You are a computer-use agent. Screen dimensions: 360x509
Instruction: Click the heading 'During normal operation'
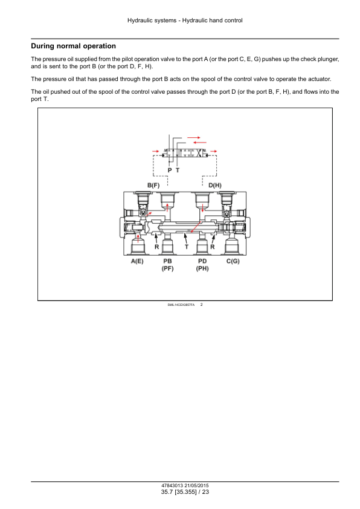tap(73, 46)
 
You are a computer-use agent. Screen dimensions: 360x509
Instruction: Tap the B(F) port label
tap(153, 186)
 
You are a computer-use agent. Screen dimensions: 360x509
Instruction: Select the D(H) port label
tap(214, 186)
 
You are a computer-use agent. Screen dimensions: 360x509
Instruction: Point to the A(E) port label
tap(137, 261)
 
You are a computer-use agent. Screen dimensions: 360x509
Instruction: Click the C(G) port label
tap(233, 261)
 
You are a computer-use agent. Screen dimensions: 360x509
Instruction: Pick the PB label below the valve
tap(168, 261)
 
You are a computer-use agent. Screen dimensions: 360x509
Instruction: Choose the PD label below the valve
tap(202, 261)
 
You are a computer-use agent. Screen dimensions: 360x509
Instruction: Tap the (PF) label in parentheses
tap(168, 268)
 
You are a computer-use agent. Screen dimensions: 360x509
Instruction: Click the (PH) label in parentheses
tap(202, 268)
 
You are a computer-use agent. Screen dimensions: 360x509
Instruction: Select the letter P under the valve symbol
tap(170, 170)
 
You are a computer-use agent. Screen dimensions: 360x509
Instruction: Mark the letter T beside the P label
tap(178, 170)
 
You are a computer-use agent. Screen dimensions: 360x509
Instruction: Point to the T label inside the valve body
tap(187, 247)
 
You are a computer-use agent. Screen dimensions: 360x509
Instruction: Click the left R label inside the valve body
tap(156, 247)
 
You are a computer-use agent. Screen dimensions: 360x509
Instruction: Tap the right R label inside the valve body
tap(213, 247)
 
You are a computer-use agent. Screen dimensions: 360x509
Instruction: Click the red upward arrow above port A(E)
tap(138, 238)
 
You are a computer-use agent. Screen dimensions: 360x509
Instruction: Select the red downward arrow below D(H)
tap(203, 207)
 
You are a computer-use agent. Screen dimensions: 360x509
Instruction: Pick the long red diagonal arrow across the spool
tap(195, 227)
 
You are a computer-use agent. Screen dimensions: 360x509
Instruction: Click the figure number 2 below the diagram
tap(201, 305)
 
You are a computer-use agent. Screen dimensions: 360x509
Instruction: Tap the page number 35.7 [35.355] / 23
tap(185, 492)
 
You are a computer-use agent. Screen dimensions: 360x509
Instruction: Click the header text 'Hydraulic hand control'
tap(213, 21)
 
